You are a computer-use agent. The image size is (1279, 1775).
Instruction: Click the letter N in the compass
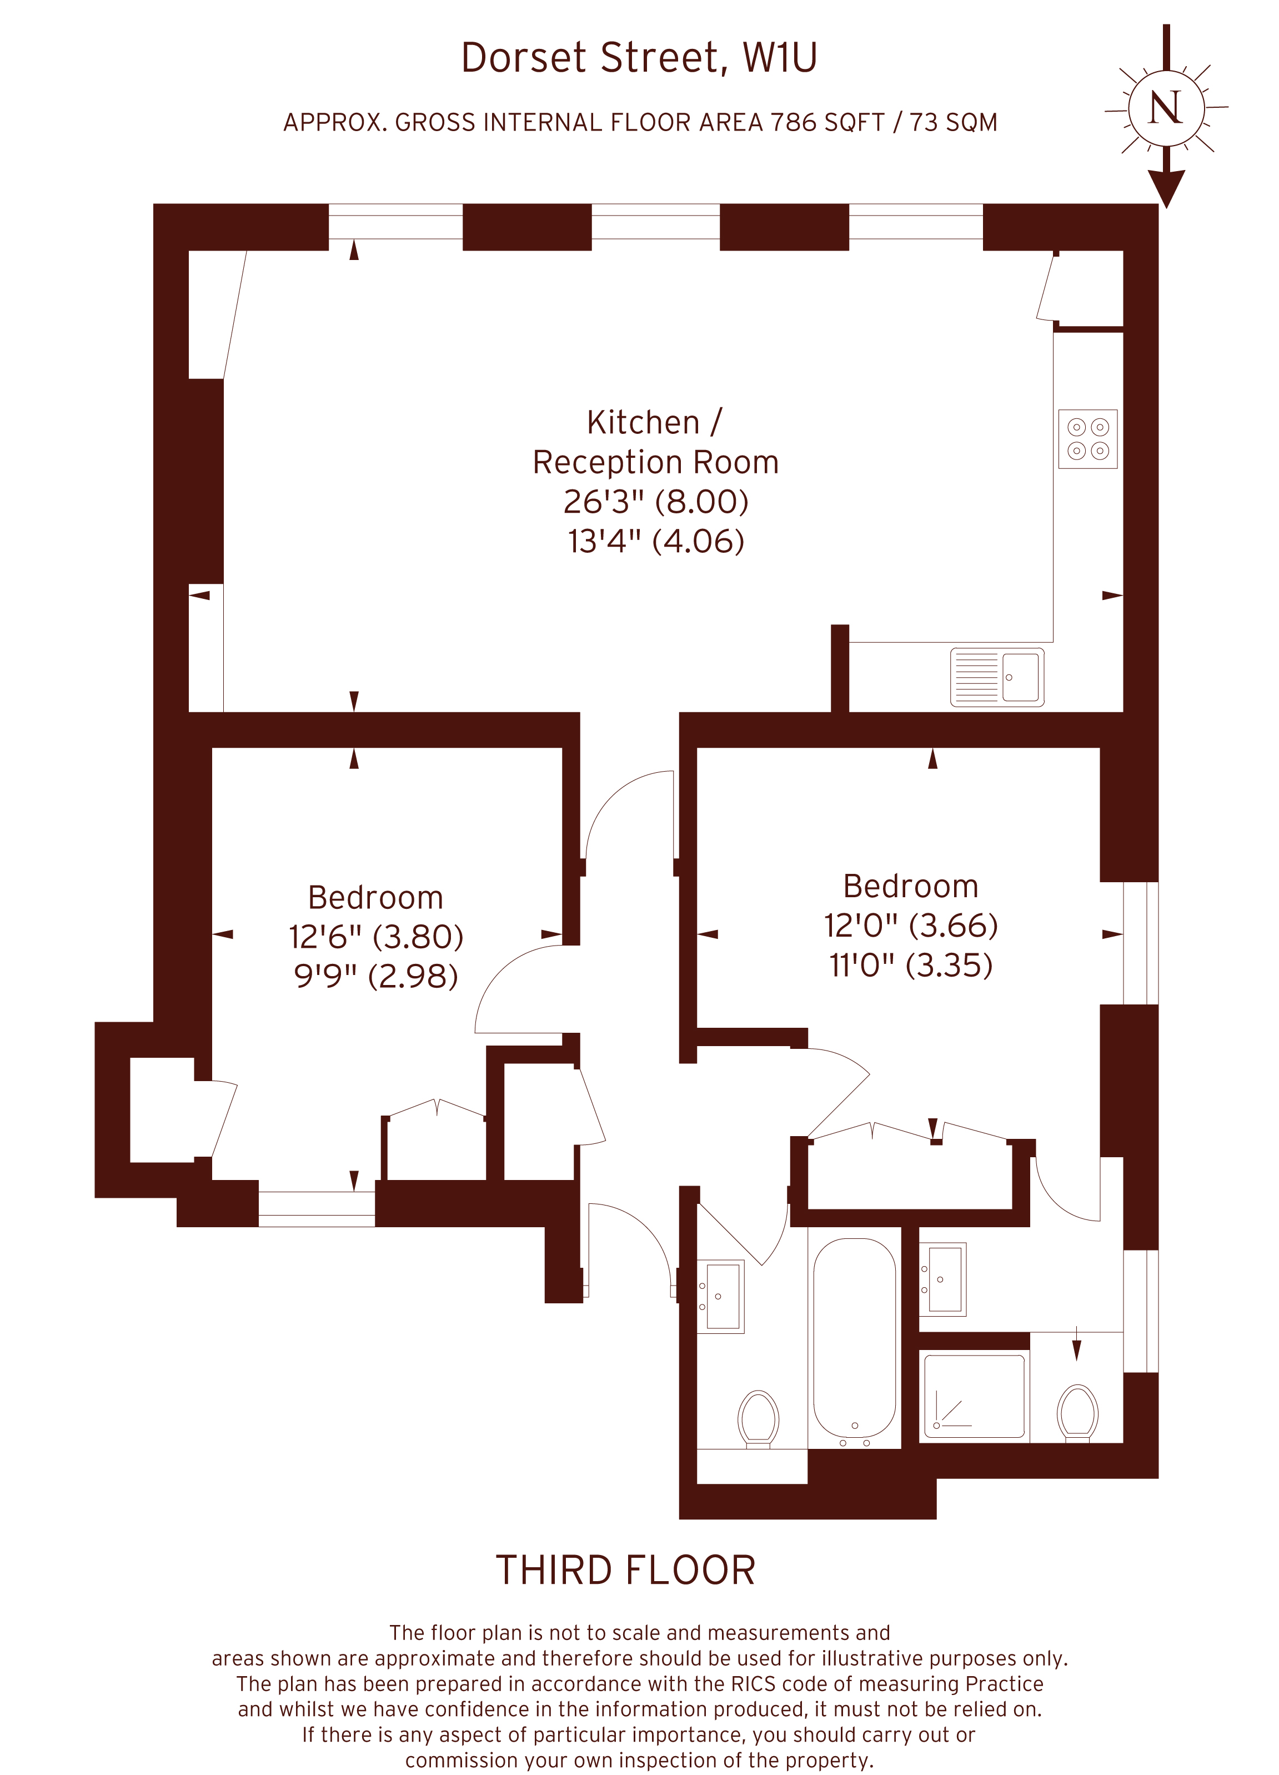pyautogui.click(x=1165, y=107)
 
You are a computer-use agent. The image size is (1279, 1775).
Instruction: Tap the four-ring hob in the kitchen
pyautogui.click(x=1087, y=439)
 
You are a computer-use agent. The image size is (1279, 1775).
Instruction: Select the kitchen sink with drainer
pyautogui.click(x=997, y=677)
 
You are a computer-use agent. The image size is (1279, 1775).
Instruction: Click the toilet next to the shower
pyautogui.click(x=1077, y=1413)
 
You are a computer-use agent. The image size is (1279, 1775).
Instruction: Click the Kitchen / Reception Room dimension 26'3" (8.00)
pyautogui.click(x=655, y=502)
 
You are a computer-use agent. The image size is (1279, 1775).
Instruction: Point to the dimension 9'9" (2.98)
pyautogui.click(x=375, y=976)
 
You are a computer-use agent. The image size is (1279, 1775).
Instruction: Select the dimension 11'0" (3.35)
pyautogui.click(x=911, y=965)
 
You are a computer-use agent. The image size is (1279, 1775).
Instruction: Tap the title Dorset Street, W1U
pyautogui.click(x=639, y=58)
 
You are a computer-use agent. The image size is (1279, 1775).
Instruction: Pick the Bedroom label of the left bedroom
pyautogui.click(x=375, y=898)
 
